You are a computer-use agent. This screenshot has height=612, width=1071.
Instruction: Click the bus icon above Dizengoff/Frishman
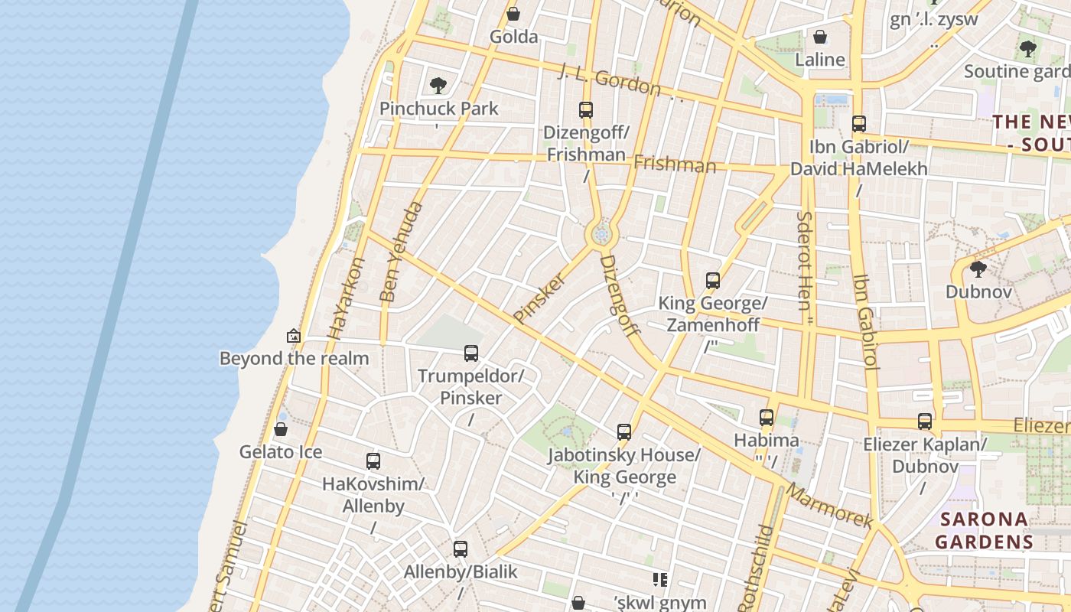pos(586,109)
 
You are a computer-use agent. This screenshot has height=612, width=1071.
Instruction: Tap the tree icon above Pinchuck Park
pos(438,85)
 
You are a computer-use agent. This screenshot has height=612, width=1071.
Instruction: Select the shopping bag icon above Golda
pos(513,14)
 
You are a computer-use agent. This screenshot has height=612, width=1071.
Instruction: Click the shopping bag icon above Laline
pos(820,37)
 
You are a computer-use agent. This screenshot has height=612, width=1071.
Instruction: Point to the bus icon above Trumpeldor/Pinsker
pos(471,353)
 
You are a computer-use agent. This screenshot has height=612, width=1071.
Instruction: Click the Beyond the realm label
pos(294,358)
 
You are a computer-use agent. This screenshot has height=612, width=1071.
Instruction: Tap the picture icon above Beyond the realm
pos(294,336)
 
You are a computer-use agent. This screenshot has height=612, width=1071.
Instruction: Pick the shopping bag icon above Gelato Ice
pos(281,429)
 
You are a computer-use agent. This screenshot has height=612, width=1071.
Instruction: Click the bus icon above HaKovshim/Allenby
pos(373,461)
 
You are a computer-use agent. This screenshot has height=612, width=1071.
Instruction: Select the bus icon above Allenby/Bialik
pos(461,549)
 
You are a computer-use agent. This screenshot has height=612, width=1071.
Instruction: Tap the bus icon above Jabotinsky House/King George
pos(624,431)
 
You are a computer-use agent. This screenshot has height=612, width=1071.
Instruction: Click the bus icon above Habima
pos(767,417)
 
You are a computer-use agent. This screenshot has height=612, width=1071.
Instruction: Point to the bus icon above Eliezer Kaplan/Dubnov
pos(925,421)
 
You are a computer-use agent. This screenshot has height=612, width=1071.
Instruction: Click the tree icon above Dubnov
pos(978,269)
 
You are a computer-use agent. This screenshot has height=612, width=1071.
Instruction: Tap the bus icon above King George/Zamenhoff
pos(713,280)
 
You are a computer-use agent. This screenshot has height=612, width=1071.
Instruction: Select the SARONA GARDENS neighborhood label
pos(984,530)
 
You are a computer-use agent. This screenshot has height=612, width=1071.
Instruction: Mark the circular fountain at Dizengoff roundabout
pos(601,234)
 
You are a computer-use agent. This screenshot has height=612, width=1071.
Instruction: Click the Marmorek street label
pos(829,506)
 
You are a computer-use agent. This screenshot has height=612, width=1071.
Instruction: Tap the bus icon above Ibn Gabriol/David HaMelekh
pos(859,123)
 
